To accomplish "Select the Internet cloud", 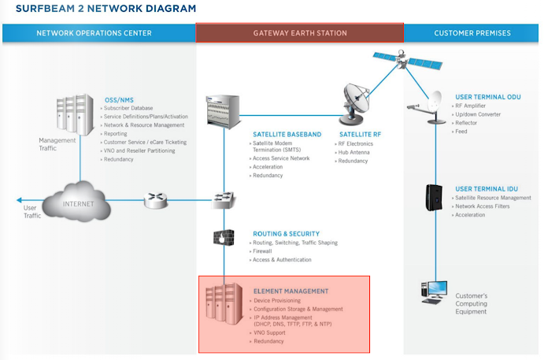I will pyautogui.click(x=78, y=202).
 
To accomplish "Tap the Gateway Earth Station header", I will pyautogui.click(x=300, y=33).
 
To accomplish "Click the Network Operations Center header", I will pyautogui.click(x=94, y=33).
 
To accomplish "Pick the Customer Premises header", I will pyautogui.click(x=472, y=33).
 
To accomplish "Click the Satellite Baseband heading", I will pyautogui.click(x=287, y=135).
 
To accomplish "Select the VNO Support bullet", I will pyautogui.click(x=272, y=333).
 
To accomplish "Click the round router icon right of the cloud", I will pyautogui.click(x=152, y=200).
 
